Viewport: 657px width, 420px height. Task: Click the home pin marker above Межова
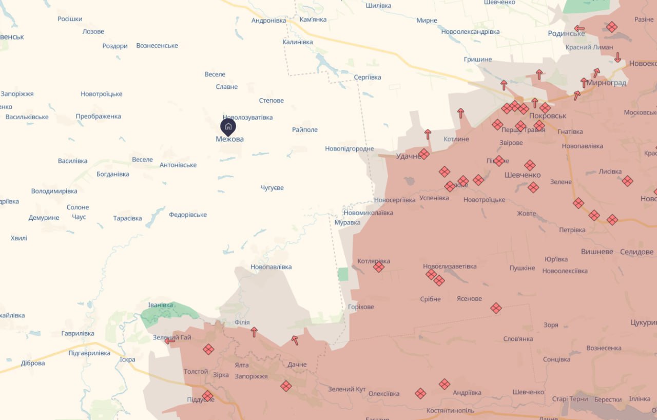[x=228, y=126]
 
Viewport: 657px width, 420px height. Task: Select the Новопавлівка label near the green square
[x=271, y=267]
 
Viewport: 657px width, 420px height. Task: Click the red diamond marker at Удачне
[x=424, y=154]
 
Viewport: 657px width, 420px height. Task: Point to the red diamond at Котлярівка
[x=379, y=267]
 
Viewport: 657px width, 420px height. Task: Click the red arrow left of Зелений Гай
[x=169, y=340]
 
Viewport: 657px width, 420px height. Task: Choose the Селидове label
[x=636, y=252]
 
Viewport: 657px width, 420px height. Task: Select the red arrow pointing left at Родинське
[x=579, y=29]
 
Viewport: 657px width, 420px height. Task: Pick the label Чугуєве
[x=272, y=188]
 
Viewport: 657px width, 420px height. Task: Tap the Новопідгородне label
[x=350, y=149]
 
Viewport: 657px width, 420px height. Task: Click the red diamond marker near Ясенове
[x=496, y=308]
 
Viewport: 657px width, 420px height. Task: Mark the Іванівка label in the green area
[x=161, y=305]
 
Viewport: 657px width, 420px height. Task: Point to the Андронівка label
[x=268, y=21]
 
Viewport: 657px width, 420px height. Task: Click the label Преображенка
[x=99, y=117]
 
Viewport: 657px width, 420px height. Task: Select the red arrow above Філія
[x=254, y=332]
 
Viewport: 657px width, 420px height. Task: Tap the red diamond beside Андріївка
[x=445, y=384]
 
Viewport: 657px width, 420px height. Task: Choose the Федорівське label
[x=188, y=215]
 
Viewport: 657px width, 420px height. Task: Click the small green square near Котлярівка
[x=343, y=274]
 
